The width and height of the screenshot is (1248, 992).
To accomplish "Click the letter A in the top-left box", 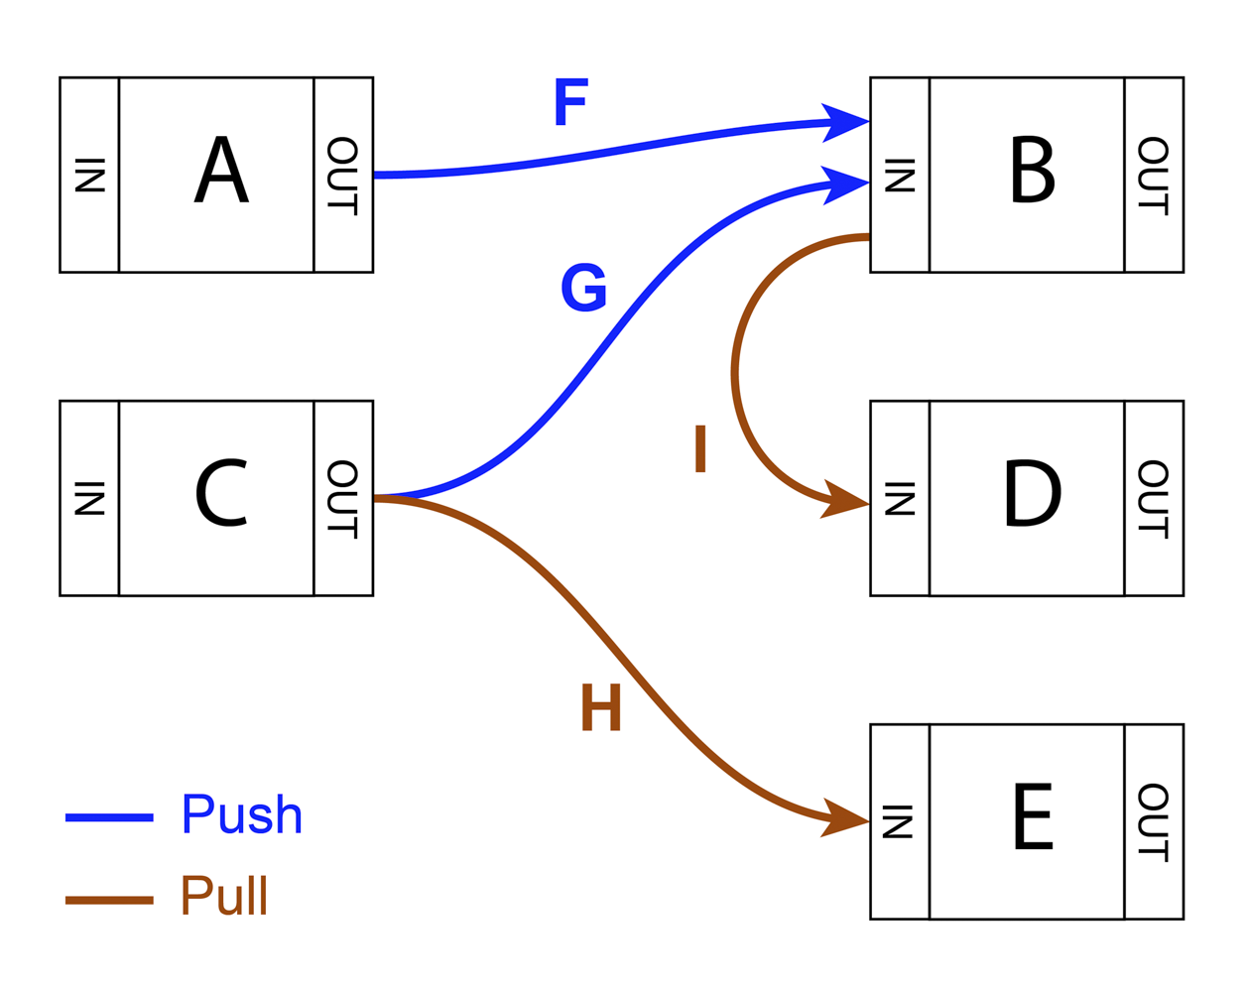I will point(221,171).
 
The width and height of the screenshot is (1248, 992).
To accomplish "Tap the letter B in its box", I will point(1032,170).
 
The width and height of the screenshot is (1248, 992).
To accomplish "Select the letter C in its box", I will point(220,493).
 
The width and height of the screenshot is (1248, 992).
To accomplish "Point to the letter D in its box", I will point(1032,493).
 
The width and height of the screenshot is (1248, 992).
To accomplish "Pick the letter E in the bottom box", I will point(1033,816).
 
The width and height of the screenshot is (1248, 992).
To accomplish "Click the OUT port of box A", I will point(342,175).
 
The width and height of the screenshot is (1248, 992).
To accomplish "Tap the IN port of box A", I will point(89,175).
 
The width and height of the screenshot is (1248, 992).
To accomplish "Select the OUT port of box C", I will point(342,498).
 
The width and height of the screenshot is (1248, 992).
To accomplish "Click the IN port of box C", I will point(89,498).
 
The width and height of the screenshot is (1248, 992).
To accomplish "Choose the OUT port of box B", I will point(1153,175).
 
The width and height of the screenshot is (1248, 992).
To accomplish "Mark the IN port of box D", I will point(900,498).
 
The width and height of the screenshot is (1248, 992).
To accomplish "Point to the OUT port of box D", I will point(1153,498).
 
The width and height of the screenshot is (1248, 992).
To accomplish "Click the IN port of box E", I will point(900,821).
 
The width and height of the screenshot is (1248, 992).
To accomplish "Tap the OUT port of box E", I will point(1153,821).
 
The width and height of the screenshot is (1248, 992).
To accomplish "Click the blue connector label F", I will point(570,102).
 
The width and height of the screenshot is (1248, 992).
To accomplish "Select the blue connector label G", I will point(583,288).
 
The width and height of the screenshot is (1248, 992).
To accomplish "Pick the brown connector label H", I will point(601,707).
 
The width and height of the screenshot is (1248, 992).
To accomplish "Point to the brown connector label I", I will point(700,448).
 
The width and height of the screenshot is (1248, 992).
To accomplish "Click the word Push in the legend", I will point(241,815).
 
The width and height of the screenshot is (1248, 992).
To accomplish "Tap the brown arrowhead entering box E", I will point(845,818).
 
